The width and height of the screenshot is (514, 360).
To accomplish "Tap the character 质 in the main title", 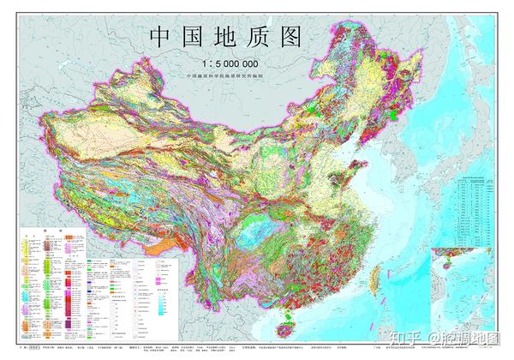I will (277, 38).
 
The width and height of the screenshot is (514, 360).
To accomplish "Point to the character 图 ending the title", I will (314, 38).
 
